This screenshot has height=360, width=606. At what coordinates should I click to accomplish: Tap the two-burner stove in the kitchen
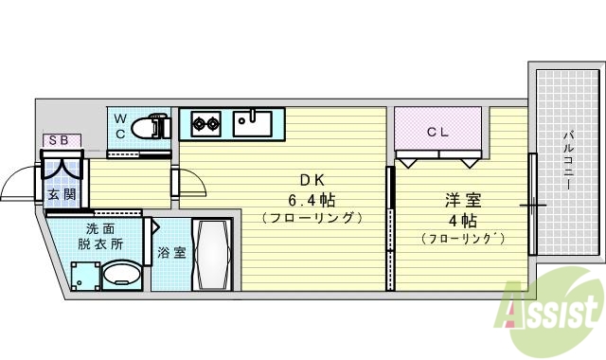tap(205, 122)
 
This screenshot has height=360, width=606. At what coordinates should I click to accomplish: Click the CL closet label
tap(437, 133)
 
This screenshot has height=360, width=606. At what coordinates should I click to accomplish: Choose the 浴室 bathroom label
tap(170, 253)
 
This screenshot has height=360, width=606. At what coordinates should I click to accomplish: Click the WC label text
tap(121, 125)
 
